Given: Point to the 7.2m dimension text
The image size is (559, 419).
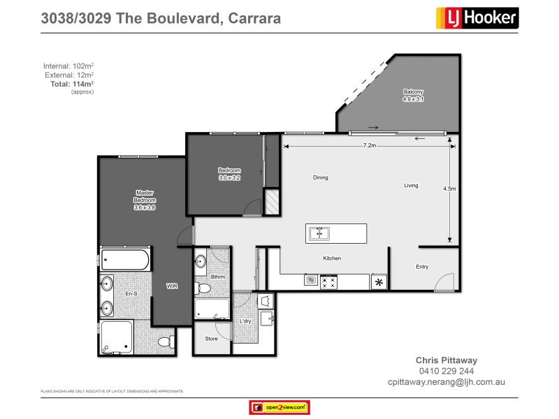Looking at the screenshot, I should pos(370,146).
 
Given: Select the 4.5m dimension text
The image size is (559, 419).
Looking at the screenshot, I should pos(449,189).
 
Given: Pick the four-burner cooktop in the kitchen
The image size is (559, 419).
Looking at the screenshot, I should pos(328,282).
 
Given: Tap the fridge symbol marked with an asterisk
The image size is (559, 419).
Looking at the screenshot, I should pos(379,282).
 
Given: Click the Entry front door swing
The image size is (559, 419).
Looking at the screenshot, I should pos(442,283).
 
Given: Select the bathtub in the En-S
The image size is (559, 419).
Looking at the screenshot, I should pos(125,260).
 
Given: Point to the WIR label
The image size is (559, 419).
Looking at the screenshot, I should pos(171,286).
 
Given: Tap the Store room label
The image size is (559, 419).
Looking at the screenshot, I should pos(211,339).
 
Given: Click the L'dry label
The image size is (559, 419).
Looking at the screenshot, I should pos(245,321).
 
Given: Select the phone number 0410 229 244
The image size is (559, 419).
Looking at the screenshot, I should pos(447,371).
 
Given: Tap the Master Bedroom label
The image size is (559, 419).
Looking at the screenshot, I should pos(145,200).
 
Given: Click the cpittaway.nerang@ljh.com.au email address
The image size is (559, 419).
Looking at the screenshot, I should pos(447,382).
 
